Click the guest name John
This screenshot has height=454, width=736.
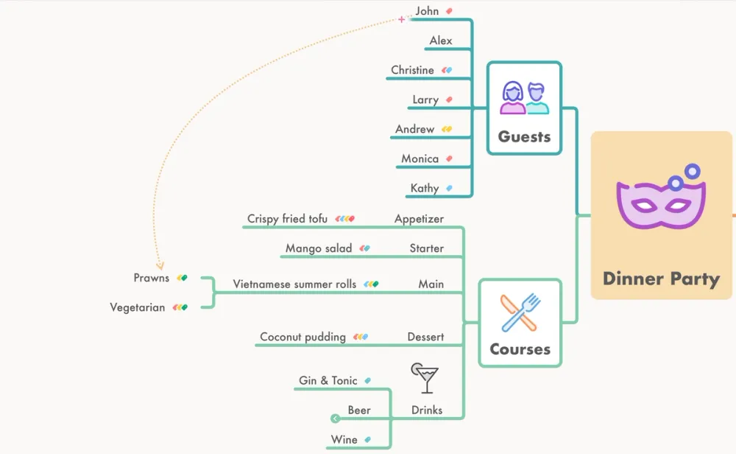point(427,11)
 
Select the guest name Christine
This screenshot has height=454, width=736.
point(412,70)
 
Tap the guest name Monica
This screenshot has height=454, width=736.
point(420,158)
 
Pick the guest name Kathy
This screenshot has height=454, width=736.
point(425,188)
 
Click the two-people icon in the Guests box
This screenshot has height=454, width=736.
point(525,98)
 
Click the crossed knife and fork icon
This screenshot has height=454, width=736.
point(520,312)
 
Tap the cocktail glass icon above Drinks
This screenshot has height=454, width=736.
point(425,377)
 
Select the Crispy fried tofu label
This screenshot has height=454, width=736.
point(287,219)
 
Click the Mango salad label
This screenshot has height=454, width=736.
point(319,248)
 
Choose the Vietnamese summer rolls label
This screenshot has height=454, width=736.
point(294,284)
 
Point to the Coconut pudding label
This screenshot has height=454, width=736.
point(302,337)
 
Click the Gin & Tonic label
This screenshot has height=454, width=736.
point(328,380)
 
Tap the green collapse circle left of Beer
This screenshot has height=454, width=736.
point(336,419)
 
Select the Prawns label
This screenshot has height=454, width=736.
point(152,278)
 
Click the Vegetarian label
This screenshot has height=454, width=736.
point(138,307)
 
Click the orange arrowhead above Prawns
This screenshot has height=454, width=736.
point(160,265)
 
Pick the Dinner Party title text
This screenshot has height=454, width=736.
point(661,279)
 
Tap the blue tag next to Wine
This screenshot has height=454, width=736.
point(367,440)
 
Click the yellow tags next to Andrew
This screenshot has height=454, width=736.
point(446,130)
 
